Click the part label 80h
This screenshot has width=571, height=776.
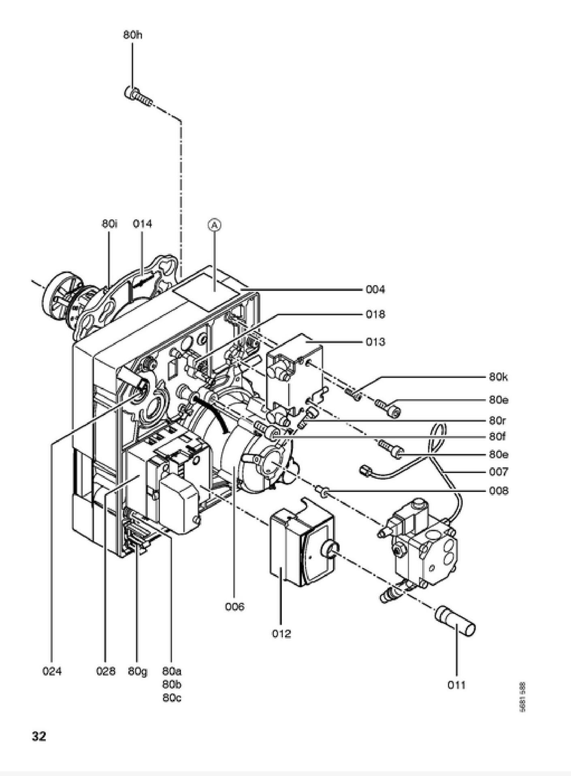(133, 35)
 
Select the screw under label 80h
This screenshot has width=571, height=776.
(137, 96)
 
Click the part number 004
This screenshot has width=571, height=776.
(375, 289)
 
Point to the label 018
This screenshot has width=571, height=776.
(375, 314)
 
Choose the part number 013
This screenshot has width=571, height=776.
(375, 342)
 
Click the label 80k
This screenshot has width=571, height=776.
(498, 377)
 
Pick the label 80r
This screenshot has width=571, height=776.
(497, 421)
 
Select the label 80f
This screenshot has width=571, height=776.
(497, 437)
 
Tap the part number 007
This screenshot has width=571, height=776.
(498, 472)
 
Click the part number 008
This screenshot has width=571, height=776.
(498, 491)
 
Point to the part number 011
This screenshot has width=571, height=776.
(456, 685)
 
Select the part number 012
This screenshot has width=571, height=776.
(281, 633)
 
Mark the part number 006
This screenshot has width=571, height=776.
(235, 607)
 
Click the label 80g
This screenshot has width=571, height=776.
(138, 671)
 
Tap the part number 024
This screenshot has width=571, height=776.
(52, 671)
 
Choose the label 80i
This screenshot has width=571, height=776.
(109, 224)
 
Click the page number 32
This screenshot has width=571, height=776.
(39, 736)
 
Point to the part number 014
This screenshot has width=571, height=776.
(143, 224)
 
